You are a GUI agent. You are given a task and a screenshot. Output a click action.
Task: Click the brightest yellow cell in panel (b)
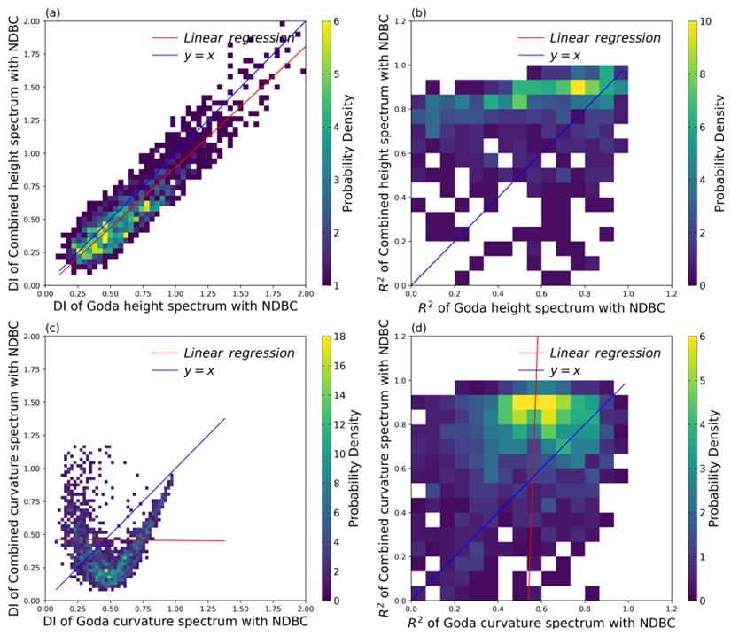pos(579,87)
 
